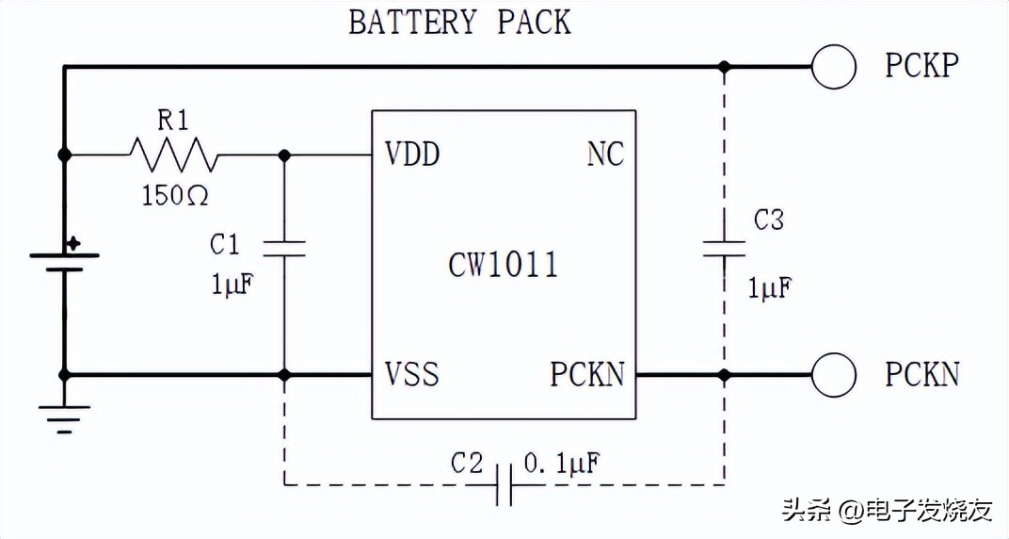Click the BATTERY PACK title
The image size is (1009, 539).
[459, 22]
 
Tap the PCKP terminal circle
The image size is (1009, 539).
[833, 67]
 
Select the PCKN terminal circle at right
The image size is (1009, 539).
[833, 375]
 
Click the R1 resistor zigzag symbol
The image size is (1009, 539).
[173, 154]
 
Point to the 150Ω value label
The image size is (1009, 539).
[175, 196]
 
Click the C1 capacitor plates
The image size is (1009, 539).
[284, 249]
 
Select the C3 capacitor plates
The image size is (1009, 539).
[724, 249]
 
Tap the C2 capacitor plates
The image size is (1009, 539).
[504, 484]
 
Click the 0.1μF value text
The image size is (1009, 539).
[562, 463]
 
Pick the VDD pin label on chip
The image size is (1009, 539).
[412, 155]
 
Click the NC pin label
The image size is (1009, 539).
[605, 155]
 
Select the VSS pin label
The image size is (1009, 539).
[411, 374]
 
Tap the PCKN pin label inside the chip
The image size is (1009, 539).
[587, 374]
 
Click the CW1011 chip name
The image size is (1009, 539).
[503, 265]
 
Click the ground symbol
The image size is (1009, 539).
[64, 417]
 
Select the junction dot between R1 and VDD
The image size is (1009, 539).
[284, 155]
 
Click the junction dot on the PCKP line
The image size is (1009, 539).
[724, 67]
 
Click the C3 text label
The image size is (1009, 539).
[769, 220]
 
